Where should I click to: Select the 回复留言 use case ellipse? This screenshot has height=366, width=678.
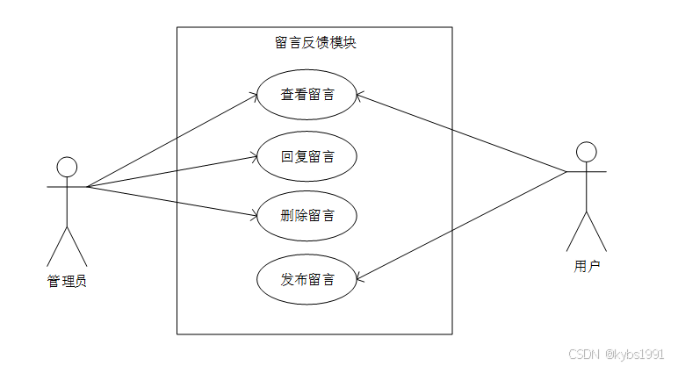307,157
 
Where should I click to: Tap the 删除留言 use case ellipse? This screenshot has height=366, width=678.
307,215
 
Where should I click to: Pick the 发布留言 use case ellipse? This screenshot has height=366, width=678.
307,280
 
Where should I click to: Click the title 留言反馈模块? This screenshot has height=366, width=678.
314,42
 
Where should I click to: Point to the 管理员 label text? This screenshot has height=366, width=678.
67,281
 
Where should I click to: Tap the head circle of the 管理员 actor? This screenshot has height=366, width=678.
67,167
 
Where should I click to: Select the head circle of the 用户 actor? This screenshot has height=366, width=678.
587,151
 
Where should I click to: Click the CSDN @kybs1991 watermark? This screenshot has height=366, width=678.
615,354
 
